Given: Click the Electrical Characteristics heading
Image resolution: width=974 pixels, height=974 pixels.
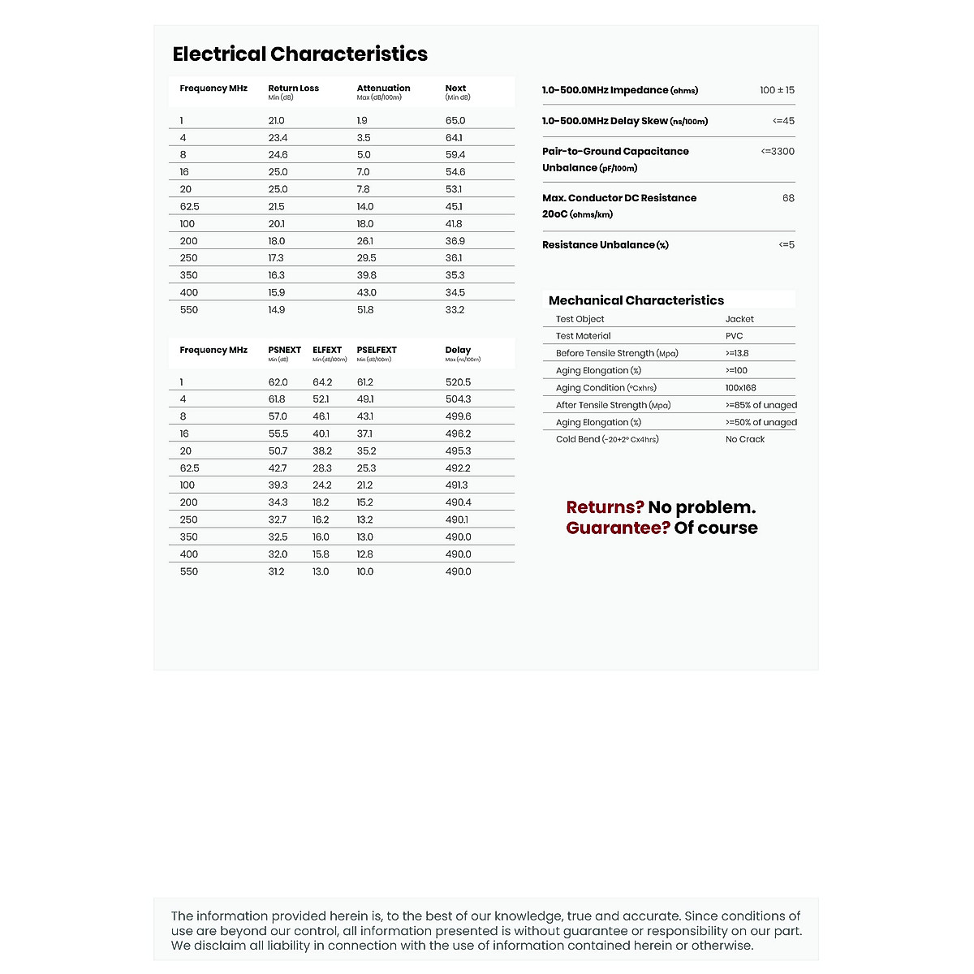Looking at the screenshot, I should tap(300, 54).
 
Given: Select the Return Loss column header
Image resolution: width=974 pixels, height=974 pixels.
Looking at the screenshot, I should tap(293, 88).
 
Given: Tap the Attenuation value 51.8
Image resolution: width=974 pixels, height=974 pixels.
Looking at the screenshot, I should tap(365, 310).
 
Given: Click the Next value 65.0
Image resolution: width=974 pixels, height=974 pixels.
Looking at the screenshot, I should tap(455, 121).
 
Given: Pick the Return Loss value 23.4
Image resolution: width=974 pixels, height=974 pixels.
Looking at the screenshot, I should tap(278, 138).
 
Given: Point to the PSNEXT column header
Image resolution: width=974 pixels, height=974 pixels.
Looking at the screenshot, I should tap(284, 351).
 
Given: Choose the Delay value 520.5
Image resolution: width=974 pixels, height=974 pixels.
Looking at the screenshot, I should tap(458, 382).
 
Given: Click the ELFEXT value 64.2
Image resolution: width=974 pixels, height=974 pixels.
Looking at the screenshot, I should tap(322, 382).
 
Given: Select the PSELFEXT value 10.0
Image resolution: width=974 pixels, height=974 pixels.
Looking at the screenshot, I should tap(365, 571).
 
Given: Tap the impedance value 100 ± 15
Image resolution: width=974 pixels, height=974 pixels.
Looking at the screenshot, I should tap(777, 90).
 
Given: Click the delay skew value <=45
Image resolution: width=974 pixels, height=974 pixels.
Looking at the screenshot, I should tap(783, 121).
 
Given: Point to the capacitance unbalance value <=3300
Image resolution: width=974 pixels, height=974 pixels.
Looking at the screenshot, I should tap(778, 152).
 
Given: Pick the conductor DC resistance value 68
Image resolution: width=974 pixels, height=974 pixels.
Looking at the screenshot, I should tap(788, 198).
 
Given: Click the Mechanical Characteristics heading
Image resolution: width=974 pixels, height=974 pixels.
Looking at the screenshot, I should tap(636, 300).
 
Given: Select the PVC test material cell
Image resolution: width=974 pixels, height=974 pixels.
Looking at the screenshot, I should tap(734, 336).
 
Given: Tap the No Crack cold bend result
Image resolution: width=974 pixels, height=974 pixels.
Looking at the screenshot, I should tap(745, 439).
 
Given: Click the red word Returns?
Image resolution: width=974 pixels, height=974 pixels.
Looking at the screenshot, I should tap(605, 507).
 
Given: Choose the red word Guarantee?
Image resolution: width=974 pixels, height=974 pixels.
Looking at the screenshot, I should tap(618, 528).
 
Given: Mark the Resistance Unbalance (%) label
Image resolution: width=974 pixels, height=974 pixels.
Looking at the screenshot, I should tap(605, 245).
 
